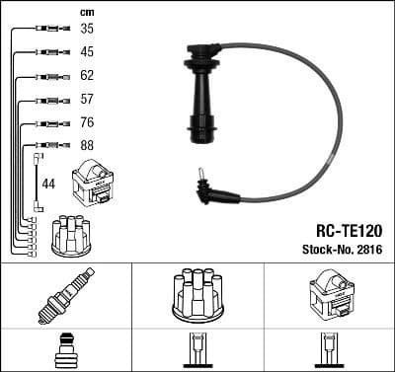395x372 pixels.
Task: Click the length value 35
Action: click(x=87, y=29)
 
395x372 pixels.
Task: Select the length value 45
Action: click(x=87, y=51)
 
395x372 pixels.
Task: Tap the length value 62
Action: click(x=87, y=75)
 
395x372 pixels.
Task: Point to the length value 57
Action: click(x=87, y=99)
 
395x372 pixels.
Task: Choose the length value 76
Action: click(x=87, y=123)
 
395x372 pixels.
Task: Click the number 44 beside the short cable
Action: click(x=48, y=184)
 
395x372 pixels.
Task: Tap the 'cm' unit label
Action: click(x=86, y=11)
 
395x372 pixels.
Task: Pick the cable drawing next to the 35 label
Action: click(x=47, y=29)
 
